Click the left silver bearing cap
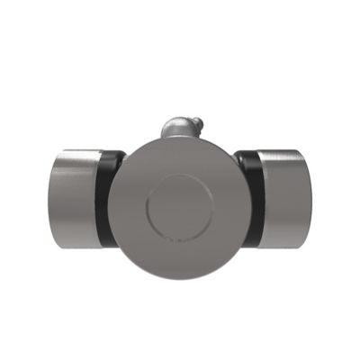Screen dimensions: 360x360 click(x=74, y=200)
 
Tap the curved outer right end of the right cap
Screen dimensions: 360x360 click(x=310, y=200)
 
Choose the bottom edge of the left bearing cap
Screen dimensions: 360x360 click(x=74, y=247)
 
